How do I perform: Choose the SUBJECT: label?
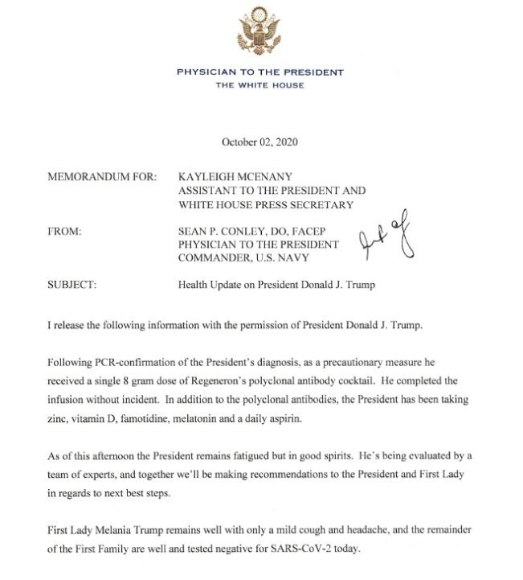point(74,285)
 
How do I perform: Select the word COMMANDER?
point(212,257)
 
